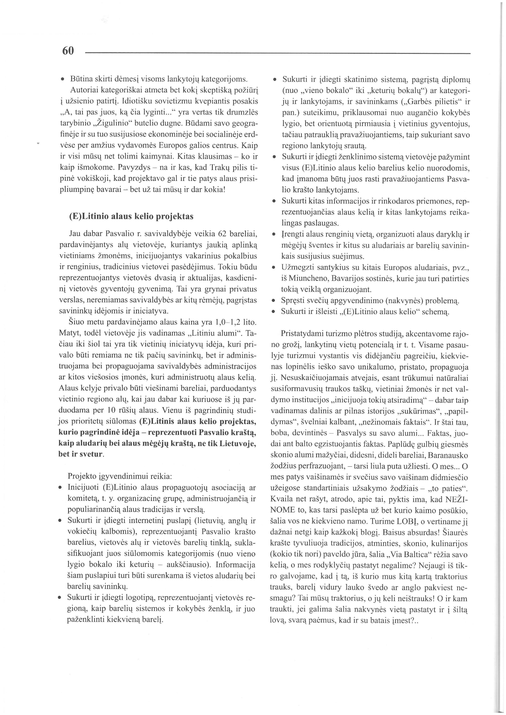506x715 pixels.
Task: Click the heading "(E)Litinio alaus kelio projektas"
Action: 131,216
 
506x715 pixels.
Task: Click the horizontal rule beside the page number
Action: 277,54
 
